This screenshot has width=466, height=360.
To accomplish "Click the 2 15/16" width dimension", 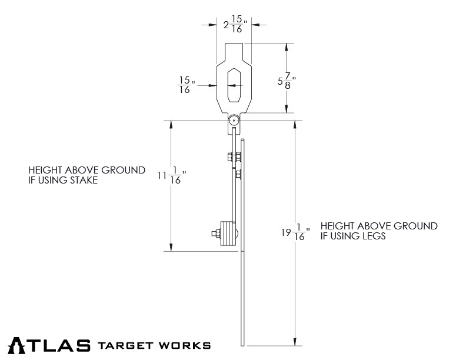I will pyautogui.click(x=234, y=25).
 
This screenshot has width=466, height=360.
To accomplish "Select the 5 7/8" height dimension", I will pyautogui.click(x=286, y=81).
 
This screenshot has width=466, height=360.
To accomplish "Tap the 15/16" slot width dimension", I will pyautogui.click(x=186, y=85).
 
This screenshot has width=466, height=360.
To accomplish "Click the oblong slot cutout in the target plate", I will pyautogui.click(x=234, y=85).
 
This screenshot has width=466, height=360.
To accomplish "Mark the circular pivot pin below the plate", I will pyautogui.click(x=234, y=121).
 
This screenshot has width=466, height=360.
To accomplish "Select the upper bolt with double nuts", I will pyautogui.click(x=234, y=156).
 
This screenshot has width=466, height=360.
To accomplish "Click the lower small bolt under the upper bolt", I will pyautogui.click(x=237, y=174).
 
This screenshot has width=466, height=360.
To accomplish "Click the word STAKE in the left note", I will pyautogui.click(x=82, y=181).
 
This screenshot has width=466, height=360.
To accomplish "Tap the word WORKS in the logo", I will pyautogui.click(x=185, y=345).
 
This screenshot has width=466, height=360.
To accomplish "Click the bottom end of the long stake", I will pyautogui.click(x=242, y=343).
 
